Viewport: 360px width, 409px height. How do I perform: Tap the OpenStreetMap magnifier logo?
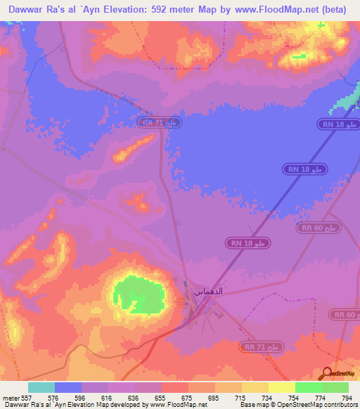tap(328, 373)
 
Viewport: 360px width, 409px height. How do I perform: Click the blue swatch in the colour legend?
tap(68, 387)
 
